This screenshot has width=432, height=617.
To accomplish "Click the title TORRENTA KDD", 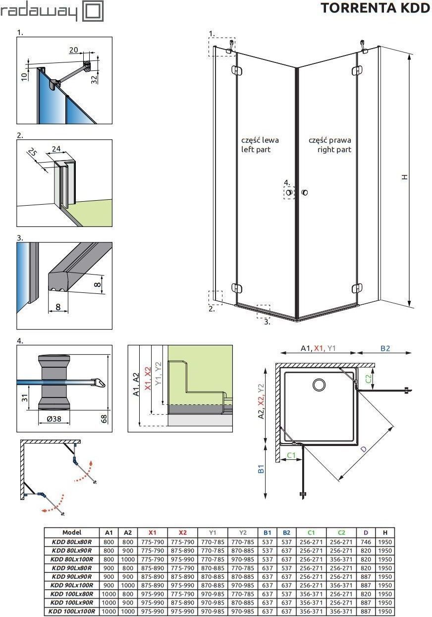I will tap(375, 8).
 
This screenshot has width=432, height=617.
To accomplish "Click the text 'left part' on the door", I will tap(256, 149).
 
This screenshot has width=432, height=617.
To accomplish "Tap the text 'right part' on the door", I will tap(334, 149).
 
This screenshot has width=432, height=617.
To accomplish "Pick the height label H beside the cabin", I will tap(404, 176).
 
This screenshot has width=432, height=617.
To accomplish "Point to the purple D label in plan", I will tap(364, 449).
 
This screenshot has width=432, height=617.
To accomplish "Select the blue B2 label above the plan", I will tap(385, 348).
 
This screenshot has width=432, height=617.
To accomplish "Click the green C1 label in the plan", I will tap(291, 454).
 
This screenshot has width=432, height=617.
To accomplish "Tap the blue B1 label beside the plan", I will tap(261, 469).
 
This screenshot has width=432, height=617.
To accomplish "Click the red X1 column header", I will tap(152, 532).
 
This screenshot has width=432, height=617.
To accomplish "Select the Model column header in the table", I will tap(72, 532).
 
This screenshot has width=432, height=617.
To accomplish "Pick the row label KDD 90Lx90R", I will tap(72, 577).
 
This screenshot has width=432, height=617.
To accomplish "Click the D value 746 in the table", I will tap(366, 542).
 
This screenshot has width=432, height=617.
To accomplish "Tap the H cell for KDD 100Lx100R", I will tap(384, 612).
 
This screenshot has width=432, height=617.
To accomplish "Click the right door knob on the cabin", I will tap(304, 192).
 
